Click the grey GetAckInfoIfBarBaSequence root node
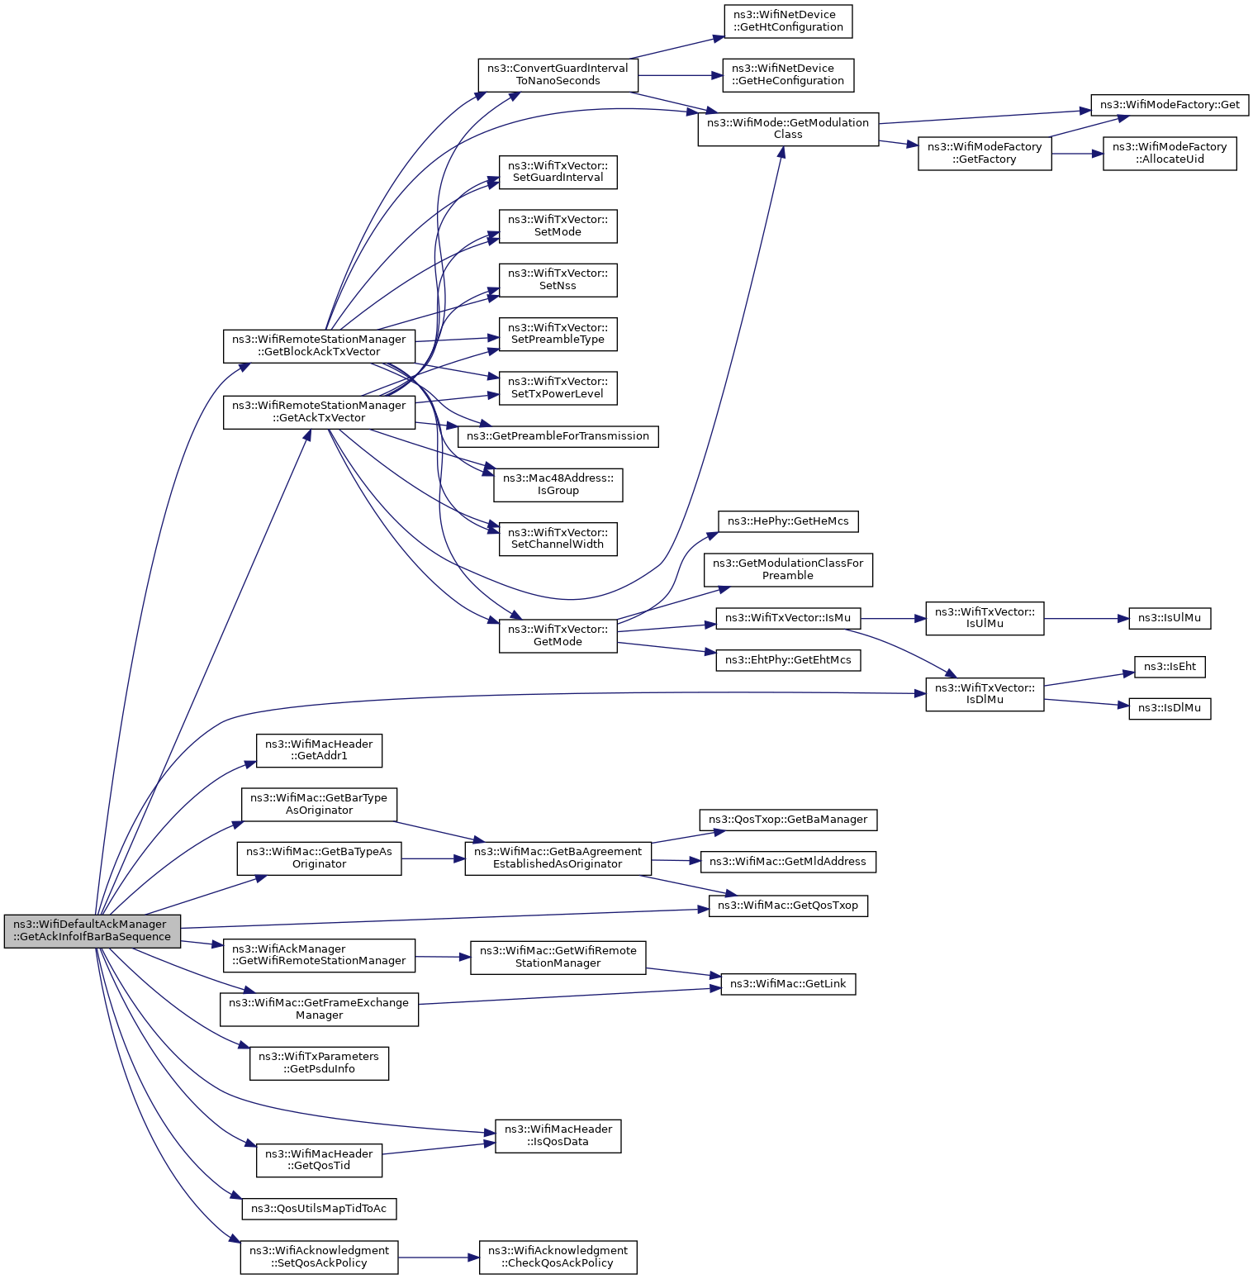tap(92, 931)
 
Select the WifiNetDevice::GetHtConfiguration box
tap(788, 21)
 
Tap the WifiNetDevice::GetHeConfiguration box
tap(788, 75)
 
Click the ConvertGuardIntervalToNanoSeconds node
tap(558, 75)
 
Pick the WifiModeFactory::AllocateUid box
tap(1170, 154)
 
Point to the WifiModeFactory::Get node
tap(1170, 105)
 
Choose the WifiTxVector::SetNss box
tap(558, 280)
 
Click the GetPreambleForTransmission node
tap(558, 436)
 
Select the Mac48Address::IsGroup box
tap(558, 485)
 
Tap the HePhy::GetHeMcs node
tap(788, 521)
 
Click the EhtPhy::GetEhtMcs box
tap(788, 660)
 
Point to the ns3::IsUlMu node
tap(1170, 618)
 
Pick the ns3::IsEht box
tap(1170, 667)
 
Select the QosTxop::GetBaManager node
tap(788, 820)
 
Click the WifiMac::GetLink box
tap(788, 984)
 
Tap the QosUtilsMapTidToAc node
tap(319, 1209)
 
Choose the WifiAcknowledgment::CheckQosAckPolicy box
tap(558, 1258)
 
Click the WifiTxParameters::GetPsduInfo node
tap(319, 1063)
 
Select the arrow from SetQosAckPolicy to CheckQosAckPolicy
tap(439, 1258)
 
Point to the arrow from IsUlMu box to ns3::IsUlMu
tap(1086, 618)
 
